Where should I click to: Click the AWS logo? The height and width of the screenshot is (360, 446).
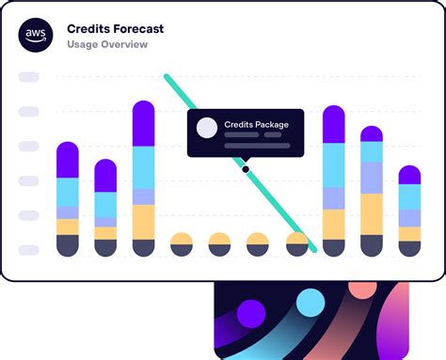coord(35,36)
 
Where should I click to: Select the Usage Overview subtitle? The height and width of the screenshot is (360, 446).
coord(107,44)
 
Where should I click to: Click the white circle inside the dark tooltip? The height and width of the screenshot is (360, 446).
coord(207,128)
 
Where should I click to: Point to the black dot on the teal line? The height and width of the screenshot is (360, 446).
coord(246,169)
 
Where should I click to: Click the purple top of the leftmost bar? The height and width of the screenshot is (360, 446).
coord(68,160)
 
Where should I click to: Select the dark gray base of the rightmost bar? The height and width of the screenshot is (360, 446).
coord(409,248)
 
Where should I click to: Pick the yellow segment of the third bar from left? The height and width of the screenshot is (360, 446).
coord(143,221)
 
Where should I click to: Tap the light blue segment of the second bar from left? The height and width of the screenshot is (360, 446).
coord(105,204)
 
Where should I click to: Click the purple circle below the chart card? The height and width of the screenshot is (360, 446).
coord(250,313)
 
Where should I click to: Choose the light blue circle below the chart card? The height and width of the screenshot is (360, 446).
coord(310,303)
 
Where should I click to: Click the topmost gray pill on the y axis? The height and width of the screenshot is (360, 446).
coord(29,76)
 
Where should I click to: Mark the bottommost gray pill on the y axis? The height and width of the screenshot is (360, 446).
coord(29,249)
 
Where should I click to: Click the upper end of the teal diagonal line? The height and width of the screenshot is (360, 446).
coord(167,77)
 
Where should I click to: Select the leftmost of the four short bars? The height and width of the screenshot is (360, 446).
coord(182,243)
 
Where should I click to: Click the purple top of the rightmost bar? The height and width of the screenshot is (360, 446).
coord(409,175)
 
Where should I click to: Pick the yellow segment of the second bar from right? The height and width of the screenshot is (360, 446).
coord(372,213)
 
